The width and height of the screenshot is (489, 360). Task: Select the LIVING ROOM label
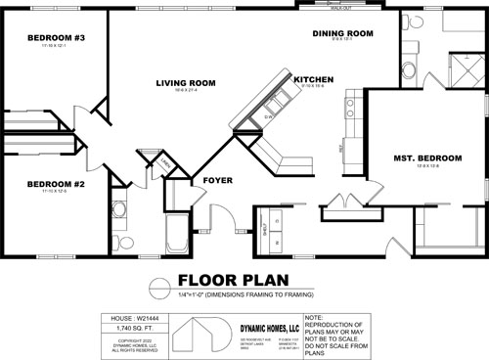[x=185, y=82]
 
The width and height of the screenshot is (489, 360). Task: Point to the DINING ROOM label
[x=343, y=33]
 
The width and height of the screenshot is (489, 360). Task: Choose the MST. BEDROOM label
[x=421, y=156]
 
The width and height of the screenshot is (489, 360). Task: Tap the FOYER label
[x=216, y=181]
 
